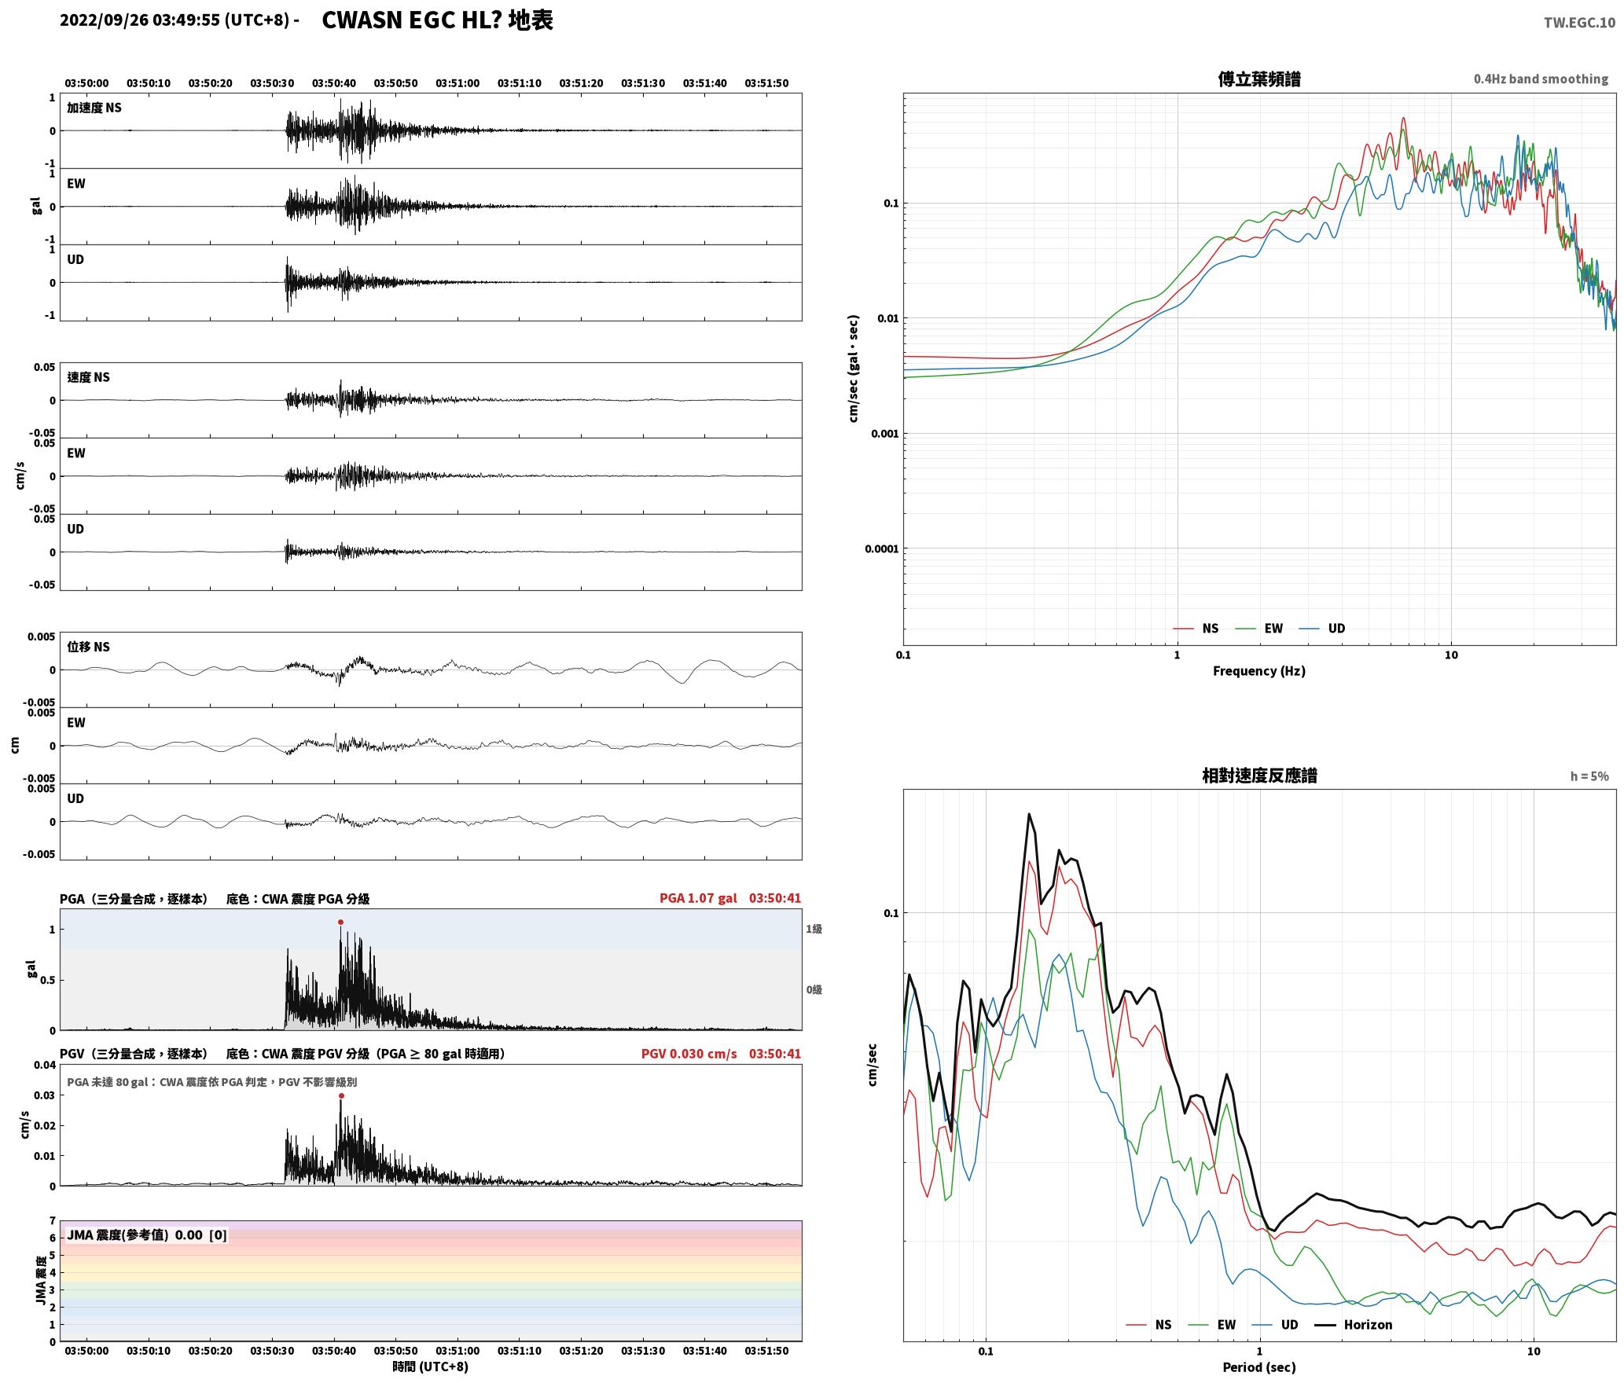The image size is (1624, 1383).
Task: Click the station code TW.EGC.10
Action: pos(1579,23)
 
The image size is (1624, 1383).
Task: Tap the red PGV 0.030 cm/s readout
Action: pos(689,1054)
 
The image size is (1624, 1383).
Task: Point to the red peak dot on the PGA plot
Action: pos(340,922)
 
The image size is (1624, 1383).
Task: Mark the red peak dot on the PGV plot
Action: pos(341,1095)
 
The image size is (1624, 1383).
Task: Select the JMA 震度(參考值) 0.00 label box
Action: pos(147,1234)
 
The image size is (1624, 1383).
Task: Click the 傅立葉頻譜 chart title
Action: pos(1258,79)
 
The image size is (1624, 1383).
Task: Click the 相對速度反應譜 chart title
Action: pos(1259,776)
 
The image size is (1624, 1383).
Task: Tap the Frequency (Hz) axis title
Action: pos(1258,671)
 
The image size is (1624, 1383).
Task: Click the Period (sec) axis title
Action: pos(1258,1367)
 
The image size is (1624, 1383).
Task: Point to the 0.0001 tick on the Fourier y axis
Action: pos(881,548)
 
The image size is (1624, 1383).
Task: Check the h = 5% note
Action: pos(1589,776)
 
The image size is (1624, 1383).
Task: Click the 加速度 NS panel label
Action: pos(94,108)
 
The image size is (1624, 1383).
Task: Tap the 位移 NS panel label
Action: pos(88,647)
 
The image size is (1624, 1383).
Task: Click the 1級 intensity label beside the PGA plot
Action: pos(814,929)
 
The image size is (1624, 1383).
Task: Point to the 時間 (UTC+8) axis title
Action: pos(431,1366)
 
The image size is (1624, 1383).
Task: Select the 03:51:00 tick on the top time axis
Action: pos(457,83)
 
